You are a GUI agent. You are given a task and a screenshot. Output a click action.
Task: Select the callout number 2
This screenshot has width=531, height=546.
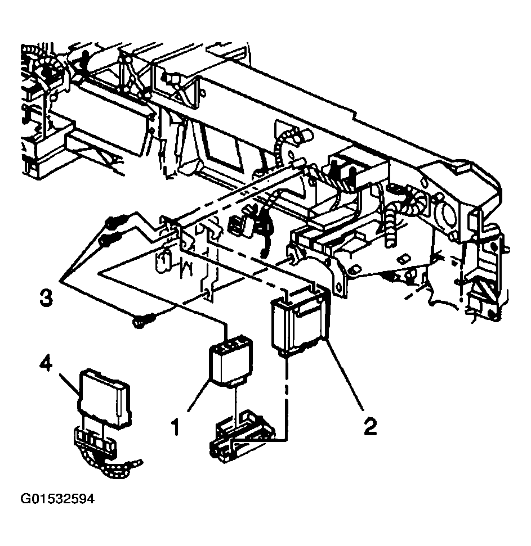[370, 426]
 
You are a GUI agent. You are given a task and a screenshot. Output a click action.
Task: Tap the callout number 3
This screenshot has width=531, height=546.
[46, 299]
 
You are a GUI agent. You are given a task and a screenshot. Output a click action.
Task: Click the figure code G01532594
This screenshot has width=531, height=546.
[57, 499]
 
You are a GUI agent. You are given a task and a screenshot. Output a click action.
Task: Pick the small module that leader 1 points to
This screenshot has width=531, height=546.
[230, 360]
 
